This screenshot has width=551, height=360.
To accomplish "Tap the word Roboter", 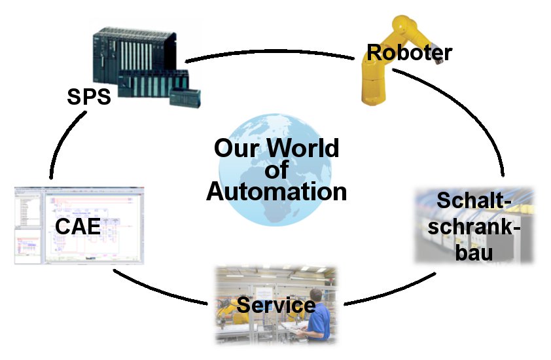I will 410,52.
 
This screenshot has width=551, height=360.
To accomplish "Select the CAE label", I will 77,226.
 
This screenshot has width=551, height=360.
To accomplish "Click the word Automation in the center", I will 276,192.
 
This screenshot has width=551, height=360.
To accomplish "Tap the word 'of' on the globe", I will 276,170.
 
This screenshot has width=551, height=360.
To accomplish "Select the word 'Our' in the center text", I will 236,149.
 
